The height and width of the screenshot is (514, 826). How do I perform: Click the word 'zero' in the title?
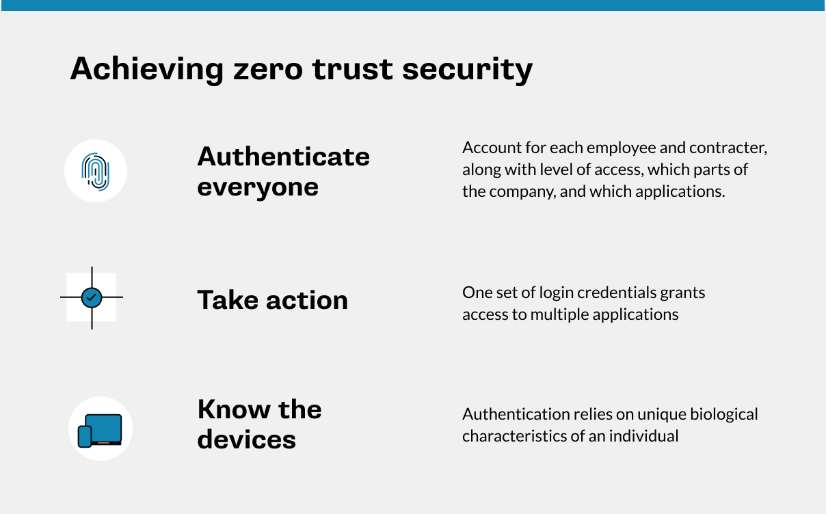(268, 69)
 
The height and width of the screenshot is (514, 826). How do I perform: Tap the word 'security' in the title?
(468, 70)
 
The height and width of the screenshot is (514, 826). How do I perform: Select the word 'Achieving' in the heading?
(147, 70)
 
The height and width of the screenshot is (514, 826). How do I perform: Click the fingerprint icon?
(96, 172)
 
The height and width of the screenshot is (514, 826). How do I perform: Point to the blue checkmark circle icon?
(92, 297)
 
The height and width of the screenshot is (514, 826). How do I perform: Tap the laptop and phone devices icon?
(100, 431)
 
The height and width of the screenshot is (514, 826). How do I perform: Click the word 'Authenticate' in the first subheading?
(283, 157)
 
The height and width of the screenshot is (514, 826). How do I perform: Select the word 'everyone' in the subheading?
(258, 188)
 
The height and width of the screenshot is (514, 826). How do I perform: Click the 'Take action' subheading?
(273, 299)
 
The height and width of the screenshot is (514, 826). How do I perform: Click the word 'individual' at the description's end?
(643, 436)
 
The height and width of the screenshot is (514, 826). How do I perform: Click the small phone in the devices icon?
(84, 437)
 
